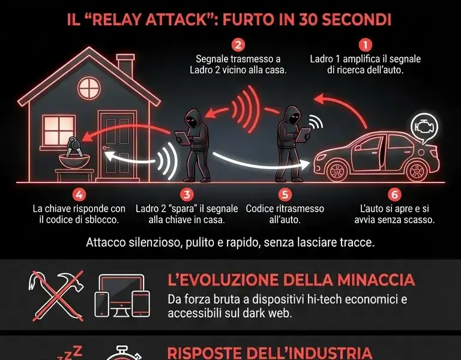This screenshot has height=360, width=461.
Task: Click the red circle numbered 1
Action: [365, 44]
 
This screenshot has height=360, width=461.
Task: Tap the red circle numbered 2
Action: [238, 44]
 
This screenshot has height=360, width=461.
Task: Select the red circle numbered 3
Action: [187, 194]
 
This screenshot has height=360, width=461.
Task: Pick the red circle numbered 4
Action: [79, 194]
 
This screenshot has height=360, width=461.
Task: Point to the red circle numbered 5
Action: [285, 194]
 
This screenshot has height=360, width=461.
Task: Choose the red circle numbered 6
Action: [394, 194]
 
